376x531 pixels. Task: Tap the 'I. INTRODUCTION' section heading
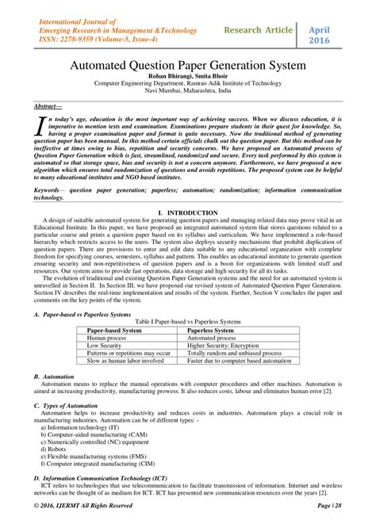pos(187,214)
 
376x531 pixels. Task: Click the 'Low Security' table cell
pos(105,345)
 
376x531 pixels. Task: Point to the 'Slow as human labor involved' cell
pos(125,361)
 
